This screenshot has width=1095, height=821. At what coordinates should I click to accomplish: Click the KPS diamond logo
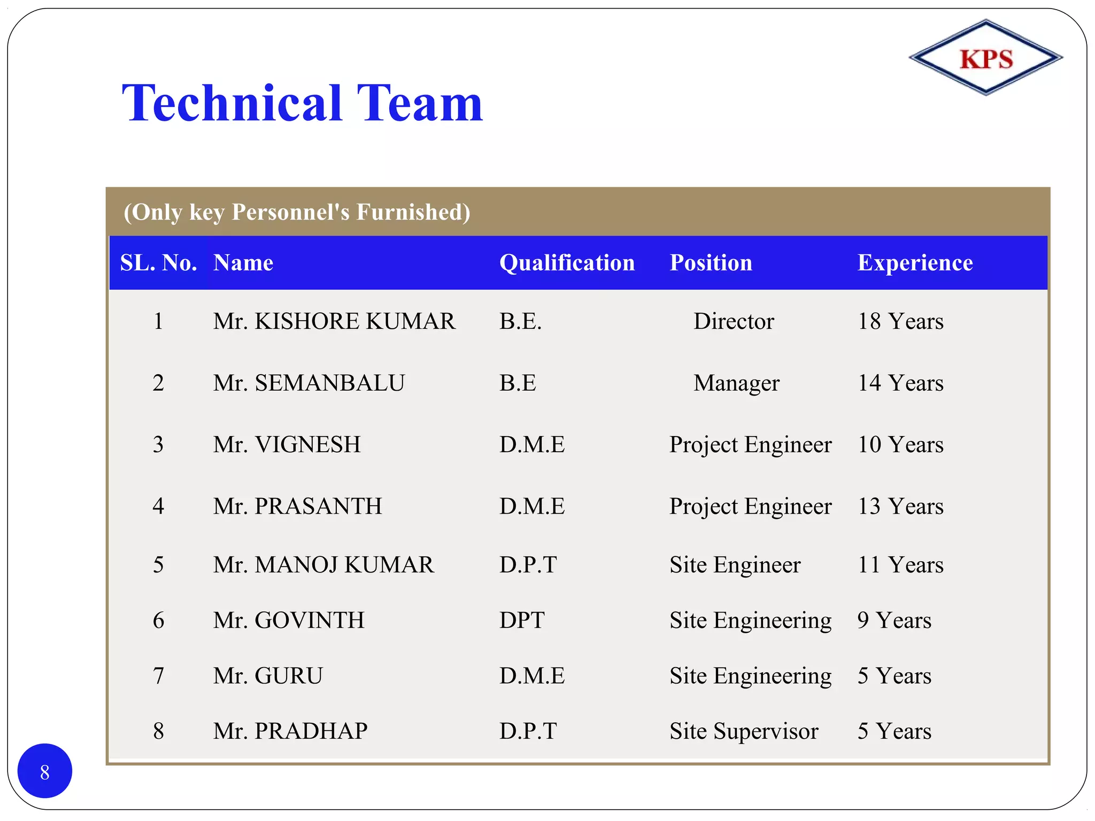point(985,58)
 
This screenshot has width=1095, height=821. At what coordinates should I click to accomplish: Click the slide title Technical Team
point(303,104)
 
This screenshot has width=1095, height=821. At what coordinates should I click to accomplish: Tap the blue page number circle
point(45,771)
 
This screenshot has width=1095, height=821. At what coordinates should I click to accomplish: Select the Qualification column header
point(567,263)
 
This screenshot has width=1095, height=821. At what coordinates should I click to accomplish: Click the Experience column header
point(915,263)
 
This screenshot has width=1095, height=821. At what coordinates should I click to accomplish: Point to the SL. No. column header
point(158,263)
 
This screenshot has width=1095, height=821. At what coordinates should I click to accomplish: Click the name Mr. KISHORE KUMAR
point(334,321)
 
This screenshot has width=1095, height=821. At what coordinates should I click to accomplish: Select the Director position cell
point(734,321)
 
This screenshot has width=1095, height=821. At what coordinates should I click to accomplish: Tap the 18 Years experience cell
point(900,321)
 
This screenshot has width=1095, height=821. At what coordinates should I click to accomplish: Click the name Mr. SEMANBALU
point(309,383)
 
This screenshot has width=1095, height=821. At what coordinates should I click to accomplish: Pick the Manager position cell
point(736,383)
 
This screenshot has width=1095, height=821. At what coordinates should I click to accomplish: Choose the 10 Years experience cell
point(900,444)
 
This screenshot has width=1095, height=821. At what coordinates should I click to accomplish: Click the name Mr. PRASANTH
point(298,506)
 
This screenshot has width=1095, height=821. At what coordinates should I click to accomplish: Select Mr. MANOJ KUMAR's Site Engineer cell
point(735,564)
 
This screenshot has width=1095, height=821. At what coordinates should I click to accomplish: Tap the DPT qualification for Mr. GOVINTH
point(522,620)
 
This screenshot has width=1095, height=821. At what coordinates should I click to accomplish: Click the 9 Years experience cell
point(894,620)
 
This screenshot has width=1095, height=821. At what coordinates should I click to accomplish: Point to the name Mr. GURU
point(268,676)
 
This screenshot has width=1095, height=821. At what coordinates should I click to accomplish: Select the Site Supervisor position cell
point(744,731)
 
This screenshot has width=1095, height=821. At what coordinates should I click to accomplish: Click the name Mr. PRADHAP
point(290,731)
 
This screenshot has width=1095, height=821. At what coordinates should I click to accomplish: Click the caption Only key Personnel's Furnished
point(297,212)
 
